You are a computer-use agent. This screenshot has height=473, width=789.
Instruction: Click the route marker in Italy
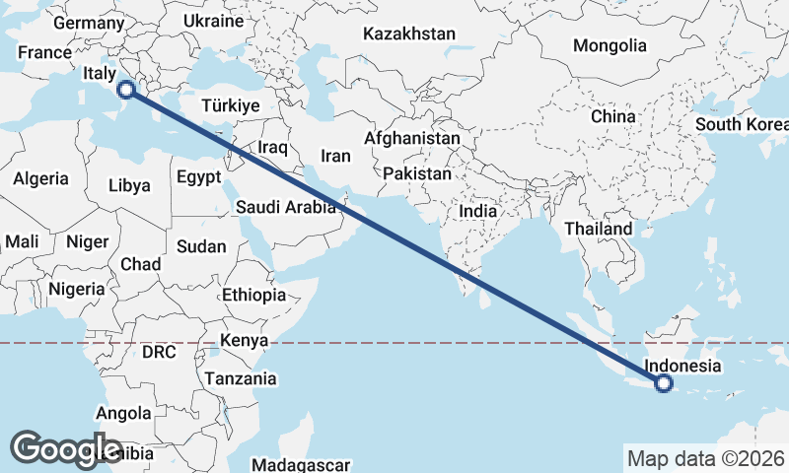pos(125,90)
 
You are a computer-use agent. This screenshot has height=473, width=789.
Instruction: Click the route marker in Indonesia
pos(664,383)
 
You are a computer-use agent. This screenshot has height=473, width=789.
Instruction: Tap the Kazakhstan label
pos(408,34)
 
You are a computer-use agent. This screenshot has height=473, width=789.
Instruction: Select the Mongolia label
pos(610,45)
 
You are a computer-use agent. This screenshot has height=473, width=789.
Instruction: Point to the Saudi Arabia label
pos(286,207)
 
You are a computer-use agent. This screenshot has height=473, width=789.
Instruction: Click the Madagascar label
pos(302,465)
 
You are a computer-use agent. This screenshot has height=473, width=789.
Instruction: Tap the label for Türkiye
pos(229,105)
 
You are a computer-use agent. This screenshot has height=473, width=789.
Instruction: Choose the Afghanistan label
pos(411,139)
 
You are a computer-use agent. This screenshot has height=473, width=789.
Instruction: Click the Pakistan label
pos(417,173)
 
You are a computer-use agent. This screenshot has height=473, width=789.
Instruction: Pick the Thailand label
pos(598,229)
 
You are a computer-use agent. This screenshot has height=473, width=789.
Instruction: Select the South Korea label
pos(742,124)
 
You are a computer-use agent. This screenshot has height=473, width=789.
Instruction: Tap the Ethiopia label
pos(253,295)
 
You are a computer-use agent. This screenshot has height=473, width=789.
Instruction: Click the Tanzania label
pos(241,378)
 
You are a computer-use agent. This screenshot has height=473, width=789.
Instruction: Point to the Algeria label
pos(40,178)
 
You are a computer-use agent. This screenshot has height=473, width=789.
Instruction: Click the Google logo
pos(65,448)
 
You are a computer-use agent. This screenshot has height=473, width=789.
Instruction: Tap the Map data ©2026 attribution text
pos(706,458)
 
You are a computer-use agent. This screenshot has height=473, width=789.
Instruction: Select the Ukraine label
pos(213,21)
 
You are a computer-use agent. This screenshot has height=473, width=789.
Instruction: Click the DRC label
pos(158,352)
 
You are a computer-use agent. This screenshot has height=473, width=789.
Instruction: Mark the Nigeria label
pos(76,289)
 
